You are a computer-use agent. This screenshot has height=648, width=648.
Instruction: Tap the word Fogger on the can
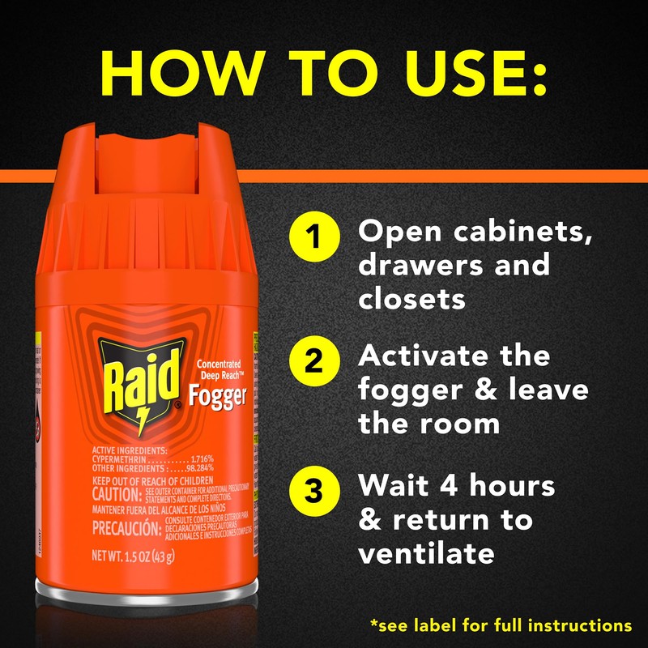click(x=217, y=396)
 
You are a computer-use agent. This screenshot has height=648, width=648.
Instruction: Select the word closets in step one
click(x=412, y=298)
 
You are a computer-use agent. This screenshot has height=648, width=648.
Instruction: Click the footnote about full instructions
click(x=500, y=625)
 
